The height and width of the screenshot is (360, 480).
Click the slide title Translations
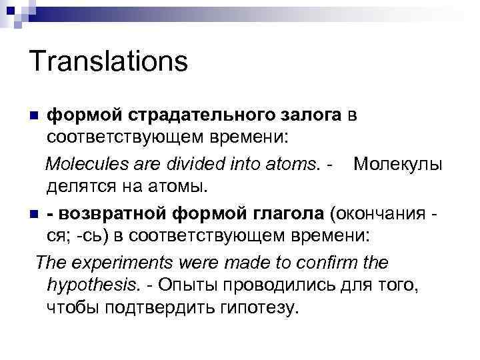point(109,62)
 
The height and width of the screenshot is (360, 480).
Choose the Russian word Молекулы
point(398,164)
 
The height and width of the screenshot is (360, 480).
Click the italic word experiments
point(112,262)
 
